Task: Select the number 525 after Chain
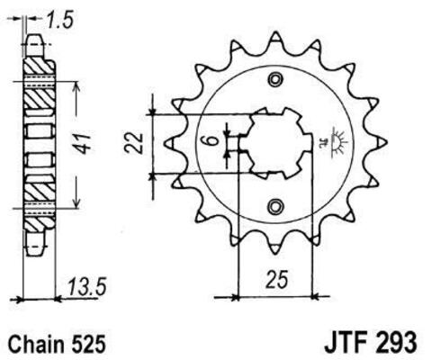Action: [94, 343]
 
